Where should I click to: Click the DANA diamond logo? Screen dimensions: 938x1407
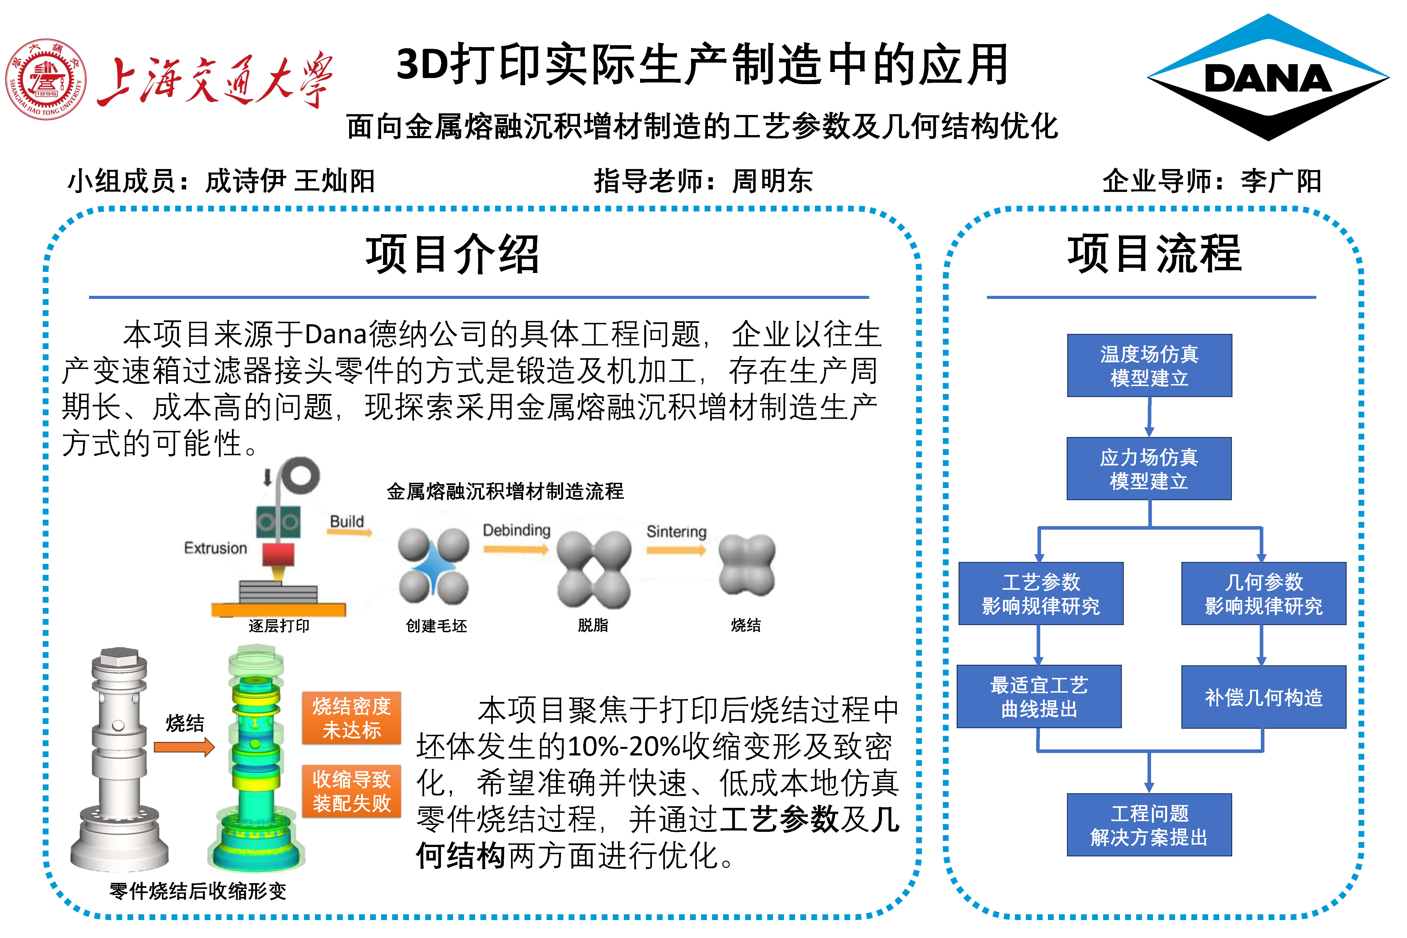coord(1267,78)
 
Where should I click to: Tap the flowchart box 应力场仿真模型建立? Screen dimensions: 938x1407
coord(1149,468)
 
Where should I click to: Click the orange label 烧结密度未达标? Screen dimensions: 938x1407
coord(351,718)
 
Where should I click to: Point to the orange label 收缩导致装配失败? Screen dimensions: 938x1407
coord(351,791)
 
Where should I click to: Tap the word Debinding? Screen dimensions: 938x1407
coord(516,530)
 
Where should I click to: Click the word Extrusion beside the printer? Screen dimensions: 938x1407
coord(215,548)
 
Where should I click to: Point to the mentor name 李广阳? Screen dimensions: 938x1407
coord(1281,181)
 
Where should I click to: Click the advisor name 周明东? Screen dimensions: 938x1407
coord(772,181)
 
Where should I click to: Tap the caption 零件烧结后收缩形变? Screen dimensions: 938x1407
coord(197,891)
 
